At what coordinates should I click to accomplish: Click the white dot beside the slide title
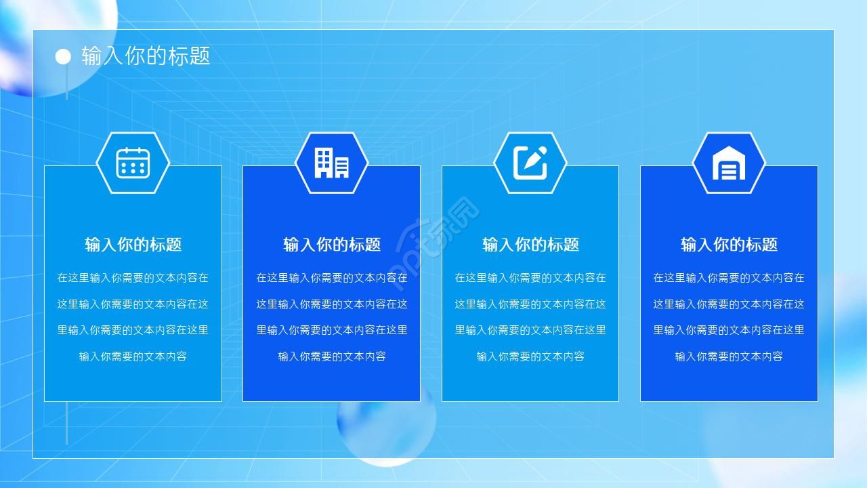(x=63, y=57)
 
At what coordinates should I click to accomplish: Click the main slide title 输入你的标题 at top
(x=146, y=56)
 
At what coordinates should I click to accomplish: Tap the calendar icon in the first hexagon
(x=133, y=163)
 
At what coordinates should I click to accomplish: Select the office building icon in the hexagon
(x=331, y=163)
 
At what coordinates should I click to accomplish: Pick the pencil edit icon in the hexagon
(x=530, y=163)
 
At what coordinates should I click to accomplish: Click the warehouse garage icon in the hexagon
(x=728, y=163)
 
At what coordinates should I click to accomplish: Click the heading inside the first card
(x=133, y=245)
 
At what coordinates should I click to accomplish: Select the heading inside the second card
(x=332, y=245)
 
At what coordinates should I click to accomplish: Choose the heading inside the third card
(x=530, y=245)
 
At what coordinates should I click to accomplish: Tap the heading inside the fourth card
(x=729, y=245)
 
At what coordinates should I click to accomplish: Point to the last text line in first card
(x=133, y=357)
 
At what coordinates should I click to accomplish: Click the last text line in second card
(x=332, y=357)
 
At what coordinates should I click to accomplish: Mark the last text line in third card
(x=530, y=357)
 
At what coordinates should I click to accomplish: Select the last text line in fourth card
(x=729, y=357)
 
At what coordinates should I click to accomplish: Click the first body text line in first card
(x=133, y=278)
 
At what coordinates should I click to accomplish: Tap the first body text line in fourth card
(x=729, y=278)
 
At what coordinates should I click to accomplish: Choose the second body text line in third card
(x=530, y=304)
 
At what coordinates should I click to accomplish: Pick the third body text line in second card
(x=332, y=330)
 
